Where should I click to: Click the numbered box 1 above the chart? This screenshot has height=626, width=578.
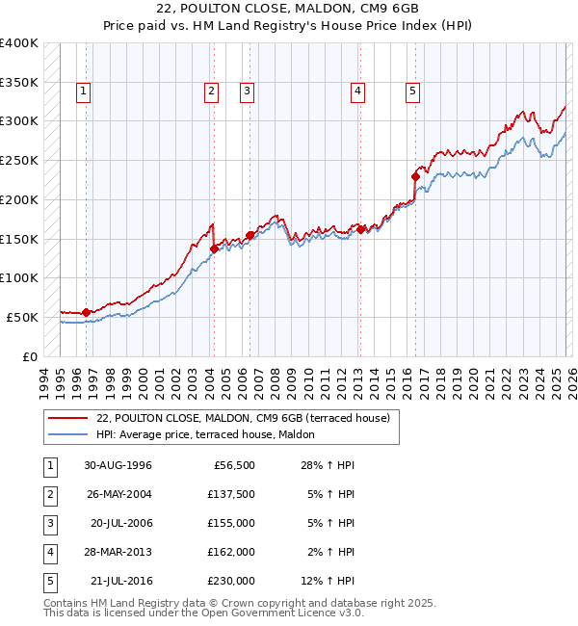click(84, 91)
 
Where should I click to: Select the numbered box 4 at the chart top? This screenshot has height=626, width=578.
click(357, 91)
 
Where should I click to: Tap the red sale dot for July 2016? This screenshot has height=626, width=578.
click(415, 176)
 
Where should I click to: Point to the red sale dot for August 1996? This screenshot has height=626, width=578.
click(87, 312)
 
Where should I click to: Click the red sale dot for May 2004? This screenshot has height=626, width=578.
click(214, 248)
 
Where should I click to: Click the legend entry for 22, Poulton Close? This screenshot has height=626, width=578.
click(242, 418)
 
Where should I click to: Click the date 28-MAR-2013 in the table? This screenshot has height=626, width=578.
click(118, 552)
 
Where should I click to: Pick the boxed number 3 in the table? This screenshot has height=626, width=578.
click(48, 523)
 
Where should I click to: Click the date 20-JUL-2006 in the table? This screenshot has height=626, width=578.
click(120, 523)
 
